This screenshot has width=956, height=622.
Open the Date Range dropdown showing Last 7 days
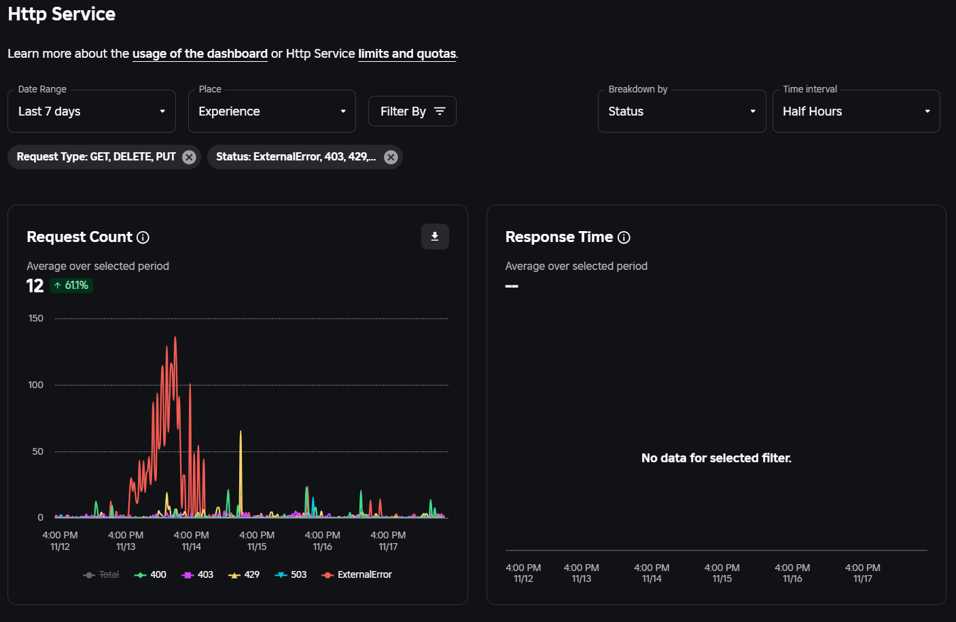pos(92,111)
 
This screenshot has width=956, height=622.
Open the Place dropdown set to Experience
pos(271,111)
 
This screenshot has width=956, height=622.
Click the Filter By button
pos(412,111)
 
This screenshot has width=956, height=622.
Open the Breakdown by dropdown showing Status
pos(681,111)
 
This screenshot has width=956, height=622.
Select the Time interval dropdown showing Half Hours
pos(855,111)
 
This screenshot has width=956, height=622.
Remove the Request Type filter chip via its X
pos(189,157)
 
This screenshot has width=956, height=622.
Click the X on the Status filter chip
pos(391,157)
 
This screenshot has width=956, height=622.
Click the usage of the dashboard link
pos(200,54)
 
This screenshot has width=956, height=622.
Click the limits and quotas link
pos(406,54)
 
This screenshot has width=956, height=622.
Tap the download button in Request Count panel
pos(435,237)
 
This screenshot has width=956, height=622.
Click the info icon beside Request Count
pos(143,237)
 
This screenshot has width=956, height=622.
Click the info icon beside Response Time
pos(624,237)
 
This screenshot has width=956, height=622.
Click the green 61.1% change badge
pos(71,286)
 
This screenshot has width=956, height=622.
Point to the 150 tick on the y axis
pos(36,318)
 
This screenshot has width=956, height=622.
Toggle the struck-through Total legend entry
pos(101,574)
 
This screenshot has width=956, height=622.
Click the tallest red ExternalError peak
pos(175,338)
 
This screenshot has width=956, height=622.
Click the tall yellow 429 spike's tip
pos(241,432)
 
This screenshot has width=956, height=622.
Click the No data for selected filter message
pos(716,458)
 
